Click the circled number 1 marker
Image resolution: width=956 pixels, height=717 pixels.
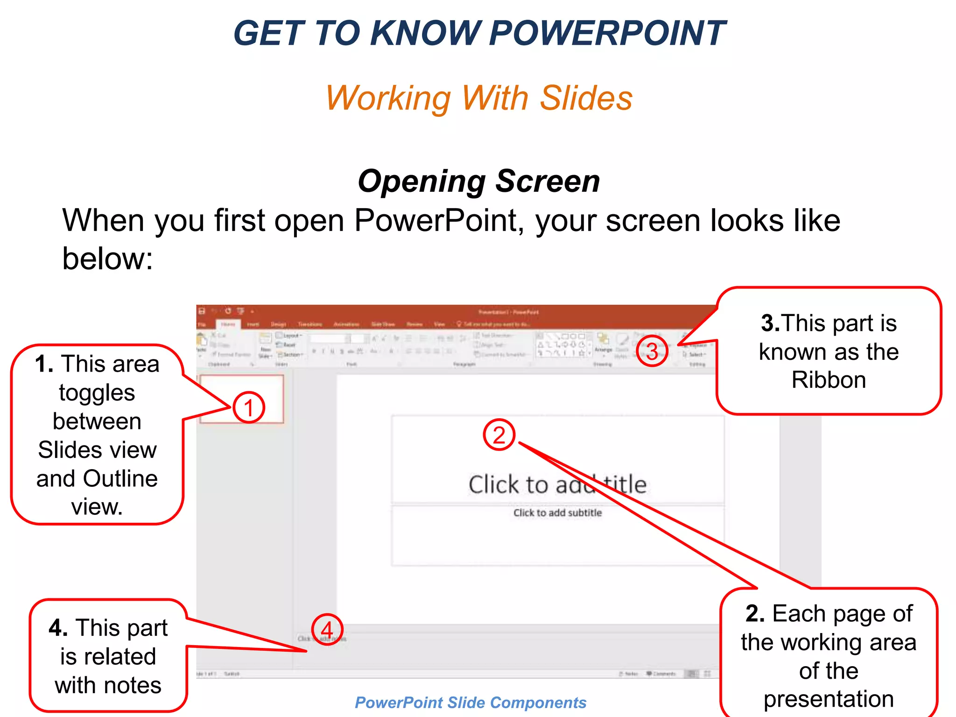(x=249, y=408)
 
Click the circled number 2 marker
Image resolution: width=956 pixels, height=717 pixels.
(x=499, y=435)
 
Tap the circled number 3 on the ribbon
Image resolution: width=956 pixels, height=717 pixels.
(x=652, y=351)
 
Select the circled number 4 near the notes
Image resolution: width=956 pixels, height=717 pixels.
(x=327, y=629)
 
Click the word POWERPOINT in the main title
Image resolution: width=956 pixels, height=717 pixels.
(x=607, y=34)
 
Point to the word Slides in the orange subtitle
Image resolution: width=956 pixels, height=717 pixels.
(x=586, y=98)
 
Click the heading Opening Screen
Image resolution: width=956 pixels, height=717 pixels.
(x=478, y=181)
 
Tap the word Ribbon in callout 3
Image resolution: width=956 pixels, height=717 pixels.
(x=829, y=380)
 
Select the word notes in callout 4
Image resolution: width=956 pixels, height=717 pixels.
(x=133, y=685)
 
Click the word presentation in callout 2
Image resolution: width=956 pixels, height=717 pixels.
(x=829, y=699)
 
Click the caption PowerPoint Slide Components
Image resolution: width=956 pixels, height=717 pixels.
(x=471, y=703)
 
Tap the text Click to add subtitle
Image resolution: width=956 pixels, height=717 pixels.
(x=557, y=513)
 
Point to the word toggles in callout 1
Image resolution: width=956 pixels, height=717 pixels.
(x=97, y=393)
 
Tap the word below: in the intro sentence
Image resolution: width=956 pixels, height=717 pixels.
(x=107, y=259)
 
